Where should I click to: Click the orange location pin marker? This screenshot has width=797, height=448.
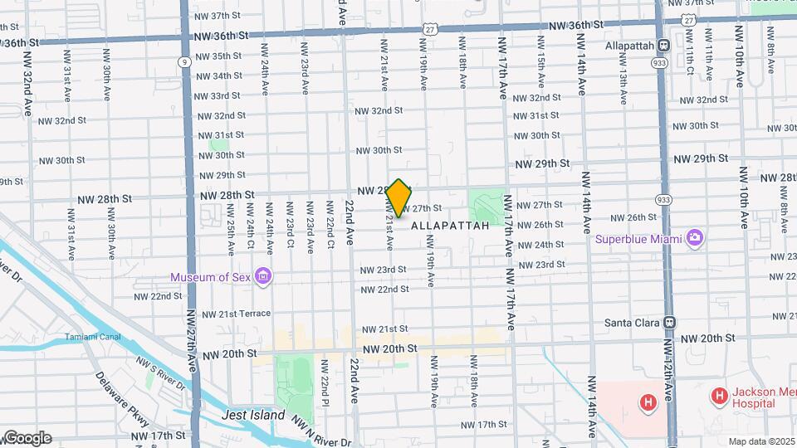click(399, 198)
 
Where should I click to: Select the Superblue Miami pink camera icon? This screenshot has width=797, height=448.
click(695, 239)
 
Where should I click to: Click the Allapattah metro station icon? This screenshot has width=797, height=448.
click(664, 46)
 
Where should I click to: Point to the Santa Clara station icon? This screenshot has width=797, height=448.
click(670, 322)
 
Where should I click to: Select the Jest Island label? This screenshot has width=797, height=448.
click(253, 415)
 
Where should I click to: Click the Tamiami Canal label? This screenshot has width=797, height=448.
click(95, 337)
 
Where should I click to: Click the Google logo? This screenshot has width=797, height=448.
click(27, 438)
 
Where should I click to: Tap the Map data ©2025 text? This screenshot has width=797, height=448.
click(761, 441)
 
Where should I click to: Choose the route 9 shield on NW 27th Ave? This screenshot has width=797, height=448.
click(183, 61)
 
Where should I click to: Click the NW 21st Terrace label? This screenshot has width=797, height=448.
click(232, 314)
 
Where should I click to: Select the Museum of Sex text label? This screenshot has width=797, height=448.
click(212, 277)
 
